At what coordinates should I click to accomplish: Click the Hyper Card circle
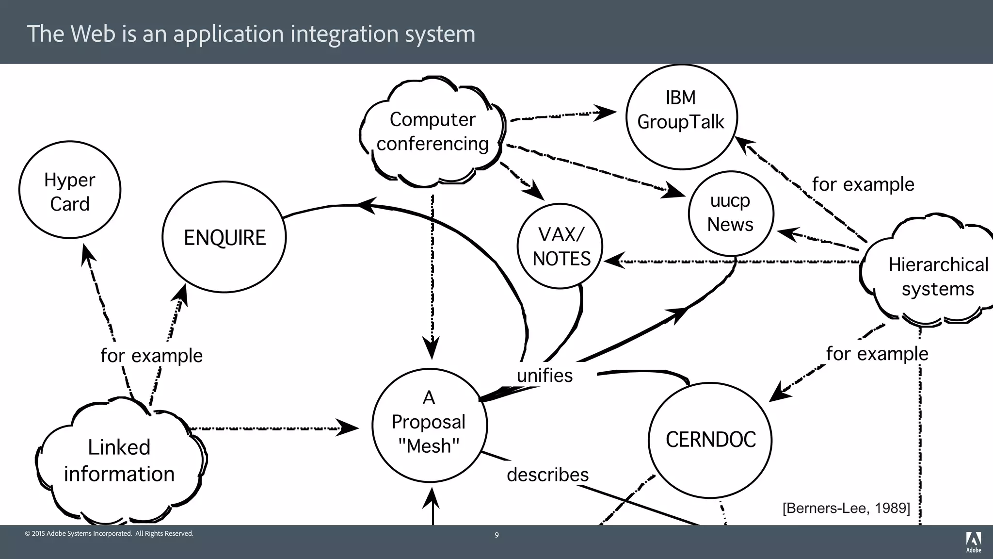[x=70, y=190]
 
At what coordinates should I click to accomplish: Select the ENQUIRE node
[x=224, y=237]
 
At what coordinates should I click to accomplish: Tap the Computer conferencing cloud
[x=432, y=132]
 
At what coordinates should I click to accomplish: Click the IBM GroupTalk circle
[x=681, y=117]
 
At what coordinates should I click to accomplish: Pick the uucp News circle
[x=731, y=213]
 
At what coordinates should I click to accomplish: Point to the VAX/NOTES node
[x=561, y=247]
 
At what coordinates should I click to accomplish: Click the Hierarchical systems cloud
[x=937, y=277]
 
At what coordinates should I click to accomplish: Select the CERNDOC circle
[x=710, y=440]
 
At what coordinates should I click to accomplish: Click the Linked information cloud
[x=119, y=460]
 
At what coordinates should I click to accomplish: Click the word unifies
[x=545, y=376]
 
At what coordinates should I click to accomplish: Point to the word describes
[x=547, y=475]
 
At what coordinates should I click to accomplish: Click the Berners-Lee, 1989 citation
[x=846, y=508]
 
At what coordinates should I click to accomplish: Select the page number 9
[x=496, y=535]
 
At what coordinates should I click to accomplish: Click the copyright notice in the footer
[x=109, y=534]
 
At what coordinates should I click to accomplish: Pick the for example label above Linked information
[x=151, y=356]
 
